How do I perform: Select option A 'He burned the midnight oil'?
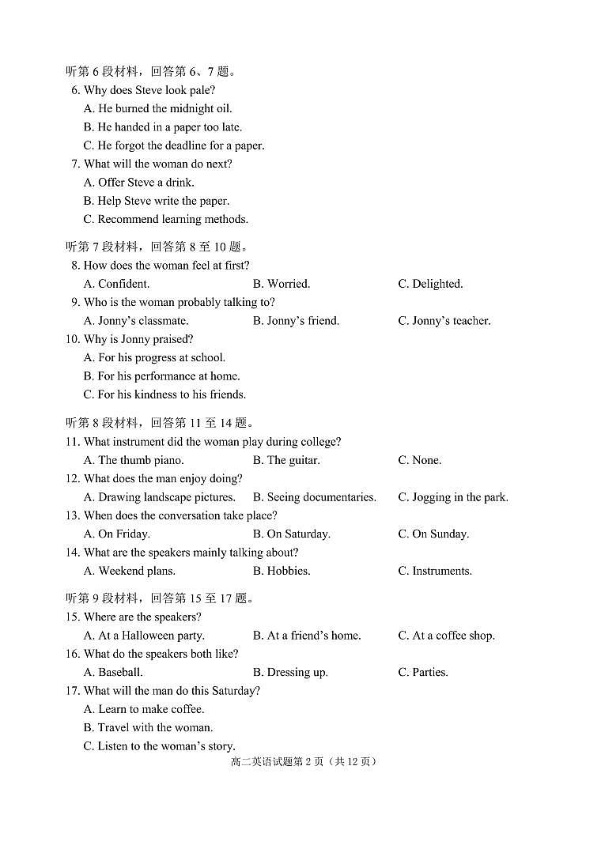point(157,108)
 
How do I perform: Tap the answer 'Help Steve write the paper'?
point(156,201)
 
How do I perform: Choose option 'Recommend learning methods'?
point(165,219)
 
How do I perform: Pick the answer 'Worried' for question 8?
point(282,284)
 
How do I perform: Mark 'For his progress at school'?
point(154,357)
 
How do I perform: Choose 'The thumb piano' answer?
point(134,460)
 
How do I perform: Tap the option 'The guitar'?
point(286,460)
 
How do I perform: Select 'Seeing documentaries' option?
point(314,497)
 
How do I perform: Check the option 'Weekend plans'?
point(129,571)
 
